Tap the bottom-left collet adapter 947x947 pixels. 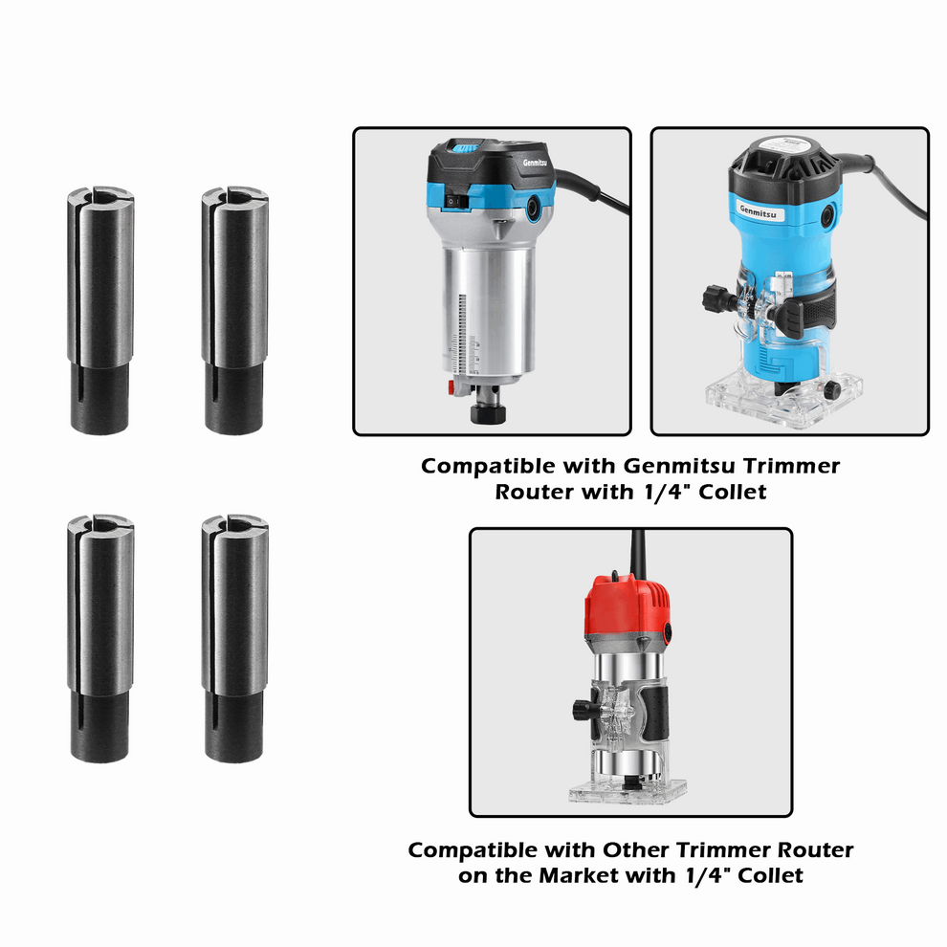click(100, 639)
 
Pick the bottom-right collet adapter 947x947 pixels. click(234, 639)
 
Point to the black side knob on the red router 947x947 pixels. click(580, 710)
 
